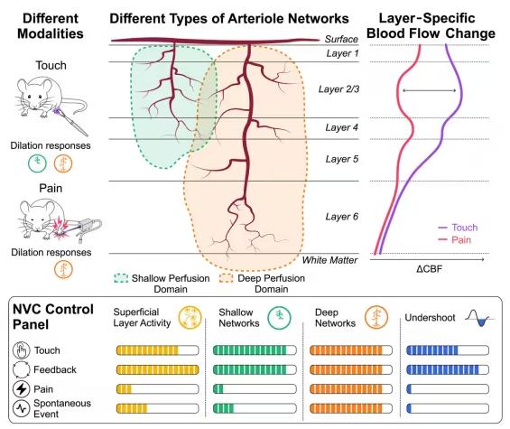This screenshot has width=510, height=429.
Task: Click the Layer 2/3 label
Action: (x=338, y=89)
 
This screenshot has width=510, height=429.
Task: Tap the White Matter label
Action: (x=329, y=260)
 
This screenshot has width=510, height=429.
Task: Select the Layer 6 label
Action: (x=342, y=217)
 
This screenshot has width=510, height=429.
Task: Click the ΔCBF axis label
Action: (x=429, y=269)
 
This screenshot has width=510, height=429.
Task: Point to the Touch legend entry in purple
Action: (x=458, y=228)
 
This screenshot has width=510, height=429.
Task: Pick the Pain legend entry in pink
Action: (x=455, y=240)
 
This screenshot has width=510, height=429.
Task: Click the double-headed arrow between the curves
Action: (x=430, y=90)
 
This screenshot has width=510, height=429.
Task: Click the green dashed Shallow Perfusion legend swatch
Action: (x=121, y=278)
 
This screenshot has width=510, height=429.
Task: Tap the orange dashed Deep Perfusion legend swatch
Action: (x=227, y=278)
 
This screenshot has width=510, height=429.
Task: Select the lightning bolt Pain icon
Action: (x=22, y=388)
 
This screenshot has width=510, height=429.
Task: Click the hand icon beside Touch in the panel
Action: (x=22, y=350)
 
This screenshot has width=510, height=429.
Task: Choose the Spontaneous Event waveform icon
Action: (x=22, y=408)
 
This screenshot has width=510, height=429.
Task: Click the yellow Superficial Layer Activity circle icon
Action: (x=190, y=317)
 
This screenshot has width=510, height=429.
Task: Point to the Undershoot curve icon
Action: (x=478, y=318)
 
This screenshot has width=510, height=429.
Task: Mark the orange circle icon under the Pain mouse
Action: (x=63, y=269)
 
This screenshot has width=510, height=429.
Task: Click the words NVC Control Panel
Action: (x=53, y=317)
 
